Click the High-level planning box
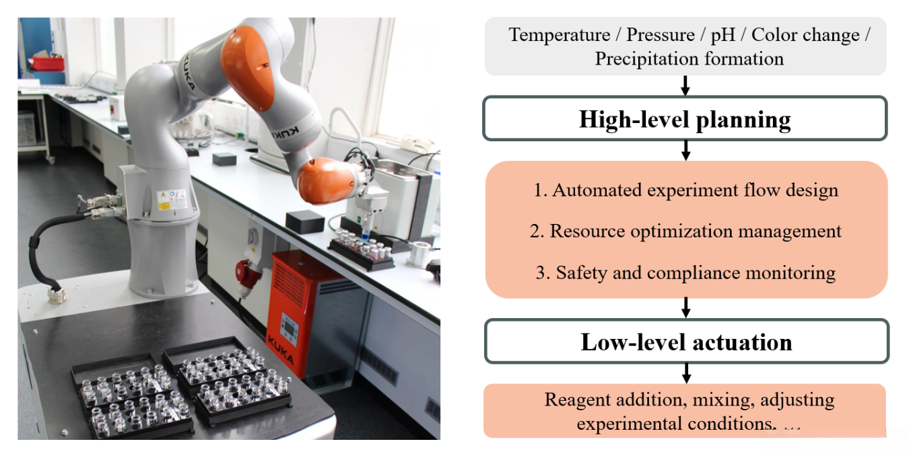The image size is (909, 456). coord(685,118)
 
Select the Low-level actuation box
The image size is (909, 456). coord(687,341)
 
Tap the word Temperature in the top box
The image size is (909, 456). coord(559,35)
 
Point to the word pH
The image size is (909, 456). coord(722,36)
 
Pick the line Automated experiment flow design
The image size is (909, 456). coord(685,190)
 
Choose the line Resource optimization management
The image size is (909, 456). coord(685,231)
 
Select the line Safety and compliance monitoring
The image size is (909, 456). coord(685,272)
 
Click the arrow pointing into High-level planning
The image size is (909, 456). coord(685,85)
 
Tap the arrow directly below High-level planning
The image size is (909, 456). coord(686,151)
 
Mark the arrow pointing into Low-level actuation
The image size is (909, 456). coord(686,307)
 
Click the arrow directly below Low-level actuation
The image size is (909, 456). coord(686,373)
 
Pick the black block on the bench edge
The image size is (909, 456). coord(305,221)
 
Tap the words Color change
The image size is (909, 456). coord(805,36)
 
